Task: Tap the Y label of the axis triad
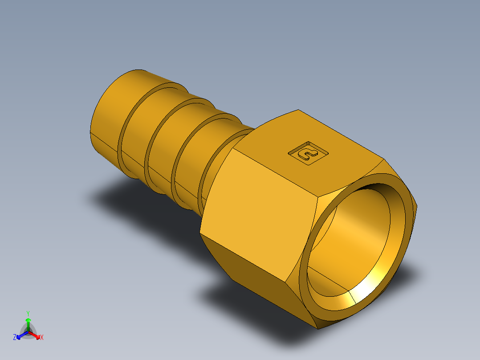(28, 313)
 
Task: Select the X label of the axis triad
(42, 338)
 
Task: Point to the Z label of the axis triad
(15, 338)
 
